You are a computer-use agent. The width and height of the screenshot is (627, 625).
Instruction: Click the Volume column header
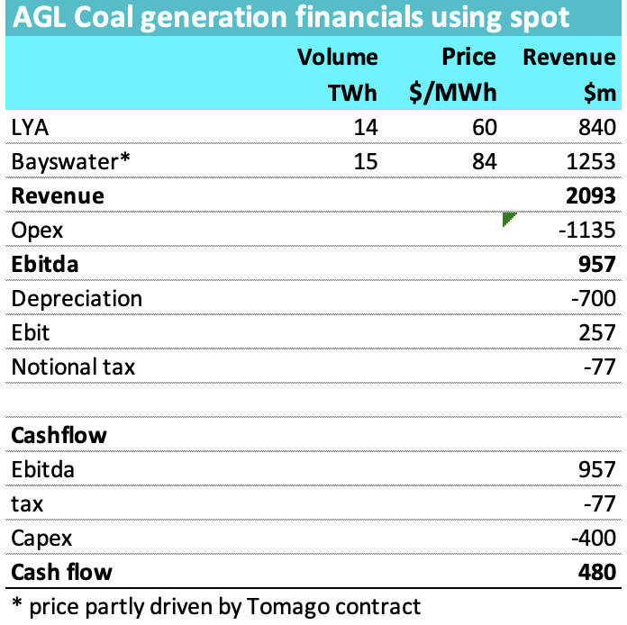(338, 58)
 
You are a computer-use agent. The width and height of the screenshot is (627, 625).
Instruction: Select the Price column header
(468, 58)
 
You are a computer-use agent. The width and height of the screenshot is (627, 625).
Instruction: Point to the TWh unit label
(351, 93)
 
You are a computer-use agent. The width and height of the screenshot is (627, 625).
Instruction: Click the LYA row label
(31, 128)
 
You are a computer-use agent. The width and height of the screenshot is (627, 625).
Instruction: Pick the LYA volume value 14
(365, 128)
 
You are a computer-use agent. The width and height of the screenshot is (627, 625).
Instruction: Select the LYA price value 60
(485, 128)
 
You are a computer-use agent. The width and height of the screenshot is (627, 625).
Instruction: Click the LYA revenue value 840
(597, 128)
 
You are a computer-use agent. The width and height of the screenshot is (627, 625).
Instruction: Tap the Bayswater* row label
(71, 162)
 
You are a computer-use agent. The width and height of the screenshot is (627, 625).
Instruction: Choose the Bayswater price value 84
(485, 162)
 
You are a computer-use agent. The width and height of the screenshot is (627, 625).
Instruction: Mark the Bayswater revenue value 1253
(590, 162)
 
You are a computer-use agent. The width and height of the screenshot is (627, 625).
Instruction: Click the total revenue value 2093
(590, 196)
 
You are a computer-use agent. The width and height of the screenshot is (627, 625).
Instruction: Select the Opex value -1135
(587, 231)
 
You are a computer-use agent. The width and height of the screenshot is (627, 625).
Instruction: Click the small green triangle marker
(508, 219)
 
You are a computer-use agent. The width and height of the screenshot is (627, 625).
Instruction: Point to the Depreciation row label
(77, 299)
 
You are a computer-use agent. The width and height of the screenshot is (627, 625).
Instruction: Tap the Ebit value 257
(597, 333)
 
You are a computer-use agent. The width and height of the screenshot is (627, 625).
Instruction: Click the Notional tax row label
(73, 367)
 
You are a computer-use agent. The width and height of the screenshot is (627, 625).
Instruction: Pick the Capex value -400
(593, 539)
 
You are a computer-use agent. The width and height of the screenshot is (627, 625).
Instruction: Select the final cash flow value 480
(597, 573)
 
